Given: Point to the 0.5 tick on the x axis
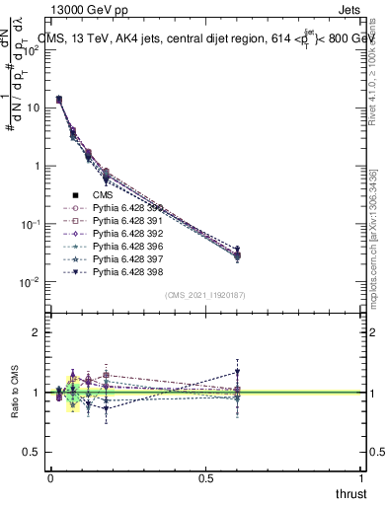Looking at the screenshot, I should pos(206,477).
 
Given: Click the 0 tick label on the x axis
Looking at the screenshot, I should pos(50,477).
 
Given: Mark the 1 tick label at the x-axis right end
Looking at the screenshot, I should pos(361,477).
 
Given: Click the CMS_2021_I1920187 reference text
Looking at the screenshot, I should pos(206,295).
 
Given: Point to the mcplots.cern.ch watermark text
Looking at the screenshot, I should pos(379,247).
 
